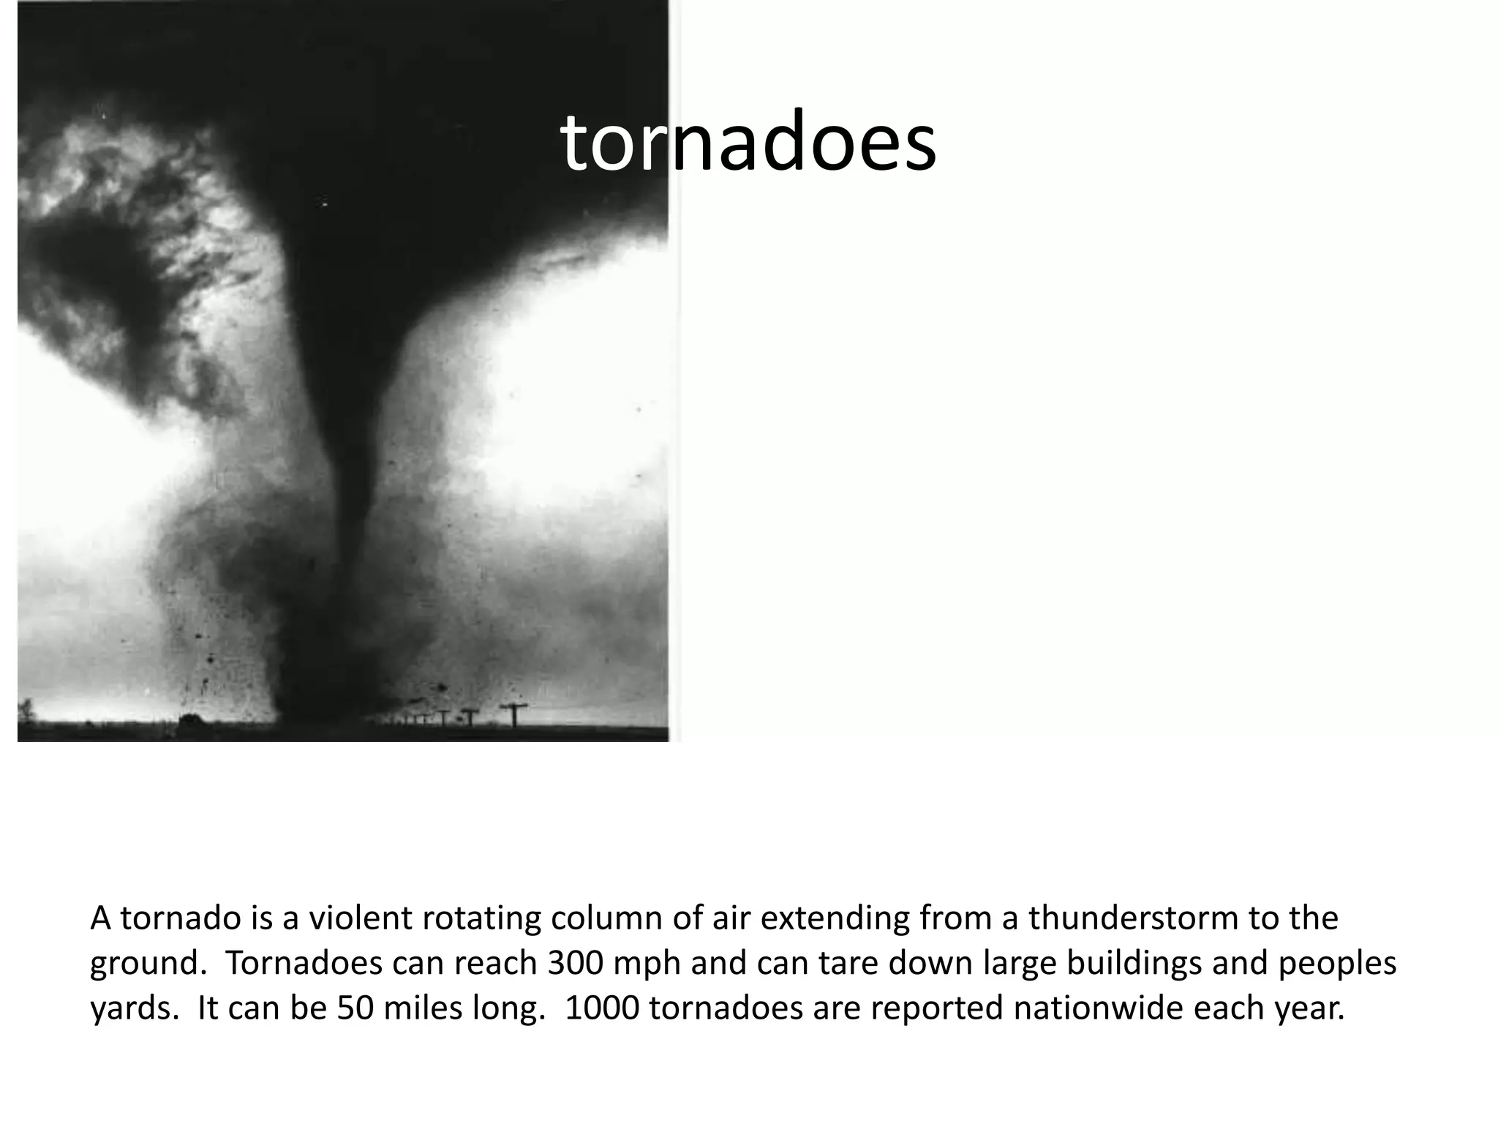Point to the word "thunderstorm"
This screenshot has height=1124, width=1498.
click(1132, 918)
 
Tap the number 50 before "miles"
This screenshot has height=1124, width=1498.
click(354, 1008)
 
